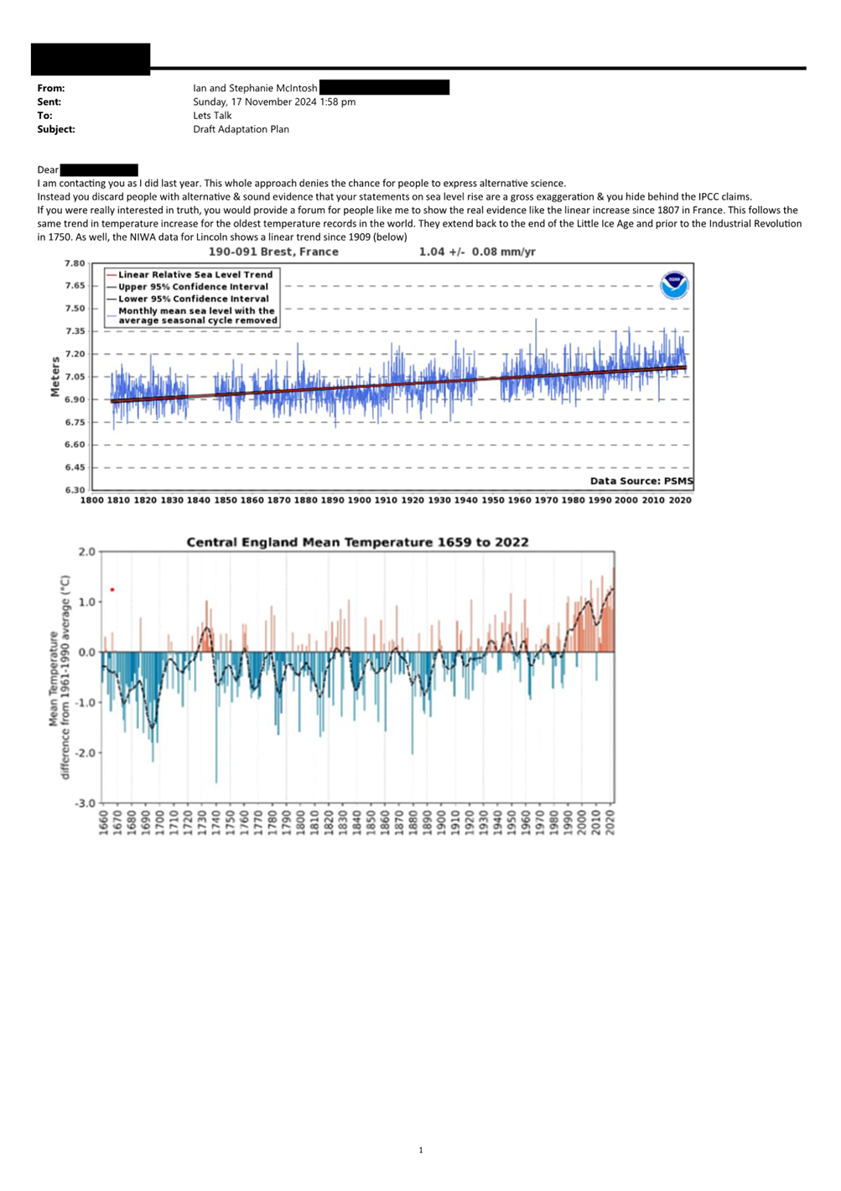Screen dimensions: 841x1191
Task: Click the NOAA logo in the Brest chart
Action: pyautogui.click(x=675, y=285)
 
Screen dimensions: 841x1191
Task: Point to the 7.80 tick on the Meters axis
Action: pyautogui.click(x=75, y=263)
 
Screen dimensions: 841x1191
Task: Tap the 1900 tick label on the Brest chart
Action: pyautogui.click(x=360, y=500)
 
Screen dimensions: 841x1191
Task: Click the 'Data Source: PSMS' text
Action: pyautogui.click(x=641, y=481)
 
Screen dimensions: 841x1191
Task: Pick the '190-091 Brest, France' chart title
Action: pyautogui.click(x=273, y=252)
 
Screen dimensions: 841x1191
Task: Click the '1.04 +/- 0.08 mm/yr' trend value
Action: pyautogui.click(x=477, y=252)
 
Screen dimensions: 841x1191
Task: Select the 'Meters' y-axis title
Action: pyautogui.click(x=55, y=377)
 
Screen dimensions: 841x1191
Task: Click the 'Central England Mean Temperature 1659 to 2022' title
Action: pyautogui.click(x=357, y=543)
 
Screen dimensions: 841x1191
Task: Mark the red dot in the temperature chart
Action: pyautogui.click(x=112, y=590)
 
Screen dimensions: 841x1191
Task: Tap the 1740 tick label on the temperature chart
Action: pyautogui.click(x=215, y=822)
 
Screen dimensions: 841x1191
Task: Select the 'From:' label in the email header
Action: pyautogui.click(x=51, y=88)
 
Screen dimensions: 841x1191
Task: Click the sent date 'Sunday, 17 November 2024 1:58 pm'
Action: pyautogui.click(x=274, y=102)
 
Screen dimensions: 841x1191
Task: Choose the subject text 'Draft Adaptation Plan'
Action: pyautogui.click(x=241, y=129)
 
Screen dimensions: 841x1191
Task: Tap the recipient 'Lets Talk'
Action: pyautogui.click(x=212, y=116)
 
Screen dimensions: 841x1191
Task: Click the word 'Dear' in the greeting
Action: pyautogui.click(x=48, y=170)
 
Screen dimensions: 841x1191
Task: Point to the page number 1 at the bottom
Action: pyautogui.click(x=421, y=1150)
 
